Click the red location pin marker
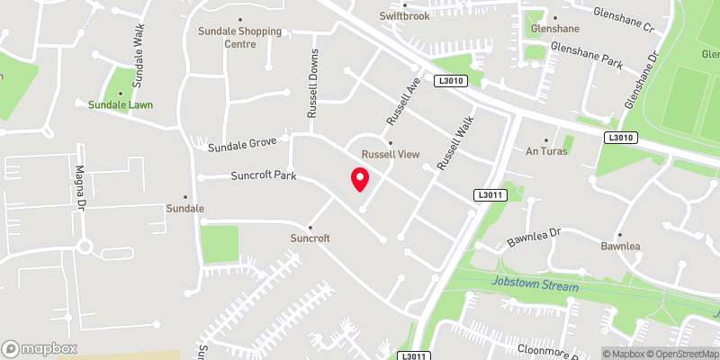[360, 180]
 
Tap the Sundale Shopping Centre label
[240, 37]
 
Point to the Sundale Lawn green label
[121, 104]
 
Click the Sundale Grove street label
[242, 145]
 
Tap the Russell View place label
[391, 155]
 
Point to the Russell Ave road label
[404, 102]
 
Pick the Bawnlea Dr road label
[535, 238]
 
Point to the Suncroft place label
[310, 238]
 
